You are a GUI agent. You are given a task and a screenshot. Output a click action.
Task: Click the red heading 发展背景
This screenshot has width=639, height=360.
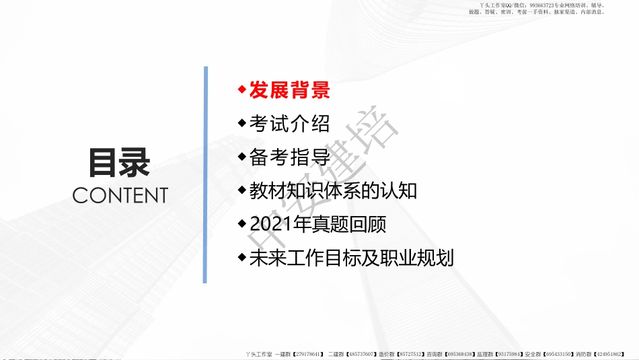tap(289, 89)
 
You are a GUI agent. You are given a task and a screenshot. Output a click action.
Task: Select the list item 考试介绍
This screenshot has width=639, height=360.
tap(289, 123)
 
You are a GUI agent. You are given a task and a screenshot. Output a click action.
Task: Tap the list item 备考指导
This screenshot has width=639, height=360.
tap(289, 157)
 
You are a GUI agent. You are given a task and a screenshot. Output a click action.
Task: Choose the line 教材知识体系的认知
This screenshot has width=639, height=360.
tap(333, 191)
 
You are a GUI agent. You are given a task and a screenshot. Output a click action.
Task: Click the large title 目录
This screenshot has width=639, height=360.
tap(120, 162)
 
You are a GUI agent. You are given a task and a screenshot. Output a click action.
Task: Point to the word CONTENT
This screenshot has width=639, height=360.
tap(120, 196)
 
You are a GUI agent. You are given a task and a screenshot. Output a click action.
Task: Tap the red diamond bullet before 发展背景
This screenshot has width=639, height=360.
tap(242, 89)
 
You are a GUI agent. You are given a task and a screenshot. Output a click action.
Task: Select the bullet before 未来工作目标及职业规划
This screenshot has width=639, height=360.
tap(242, 257)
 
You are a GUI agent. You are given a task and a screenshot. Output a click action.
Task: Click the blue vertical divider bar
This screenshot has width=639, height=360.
tap(206, 174)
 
